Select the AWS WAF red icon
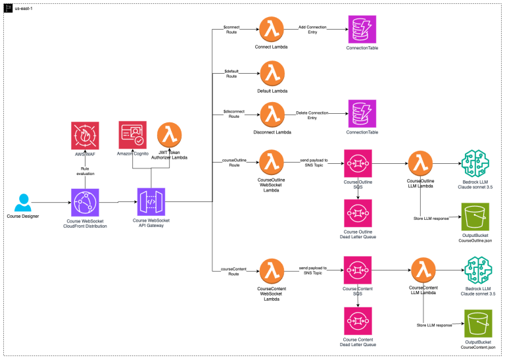pyautogui.click(x=85, y=136)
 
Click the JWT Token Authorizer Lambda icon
pyautogui.click(x=170, y=136)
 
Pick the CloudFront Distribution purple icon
pyautogui.click(x=85, y=202)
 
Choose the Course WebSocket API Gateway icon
pyautogui.click(x=151, y=202)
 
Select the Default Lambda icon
pyautogui.click(x=271, y=74)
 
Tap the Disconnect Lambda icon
pyautogui.click(x=271, y=115)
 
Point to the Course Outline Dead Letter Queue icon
pyautogui.click(x=358, y=211)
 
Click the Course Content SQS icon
pyautogui.click(x=358, y=270)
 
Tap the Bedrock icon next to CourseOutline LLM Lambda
pyautogui.click(x=475, y=163)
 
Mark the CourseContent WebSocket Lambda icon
pyautogui.click(x=271, y=270)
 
